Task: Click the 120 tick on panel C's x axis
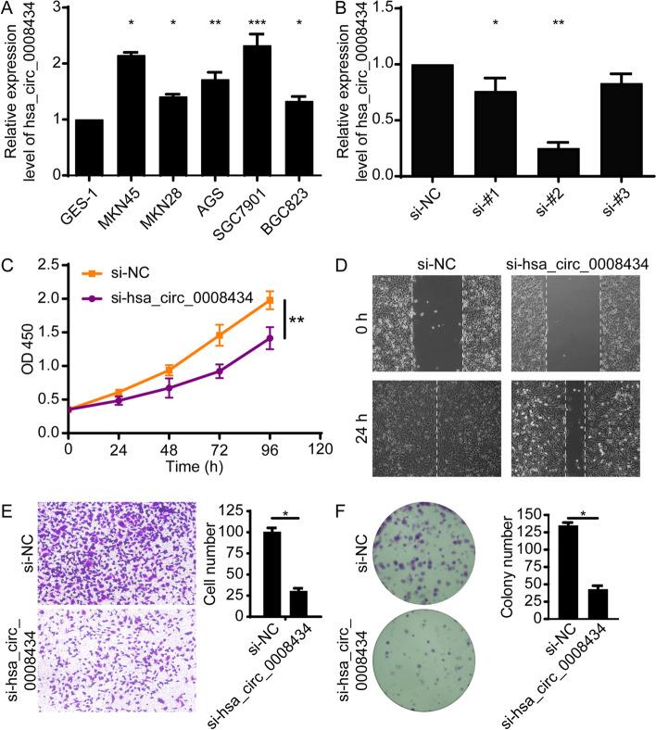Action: tap(321, 451)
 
